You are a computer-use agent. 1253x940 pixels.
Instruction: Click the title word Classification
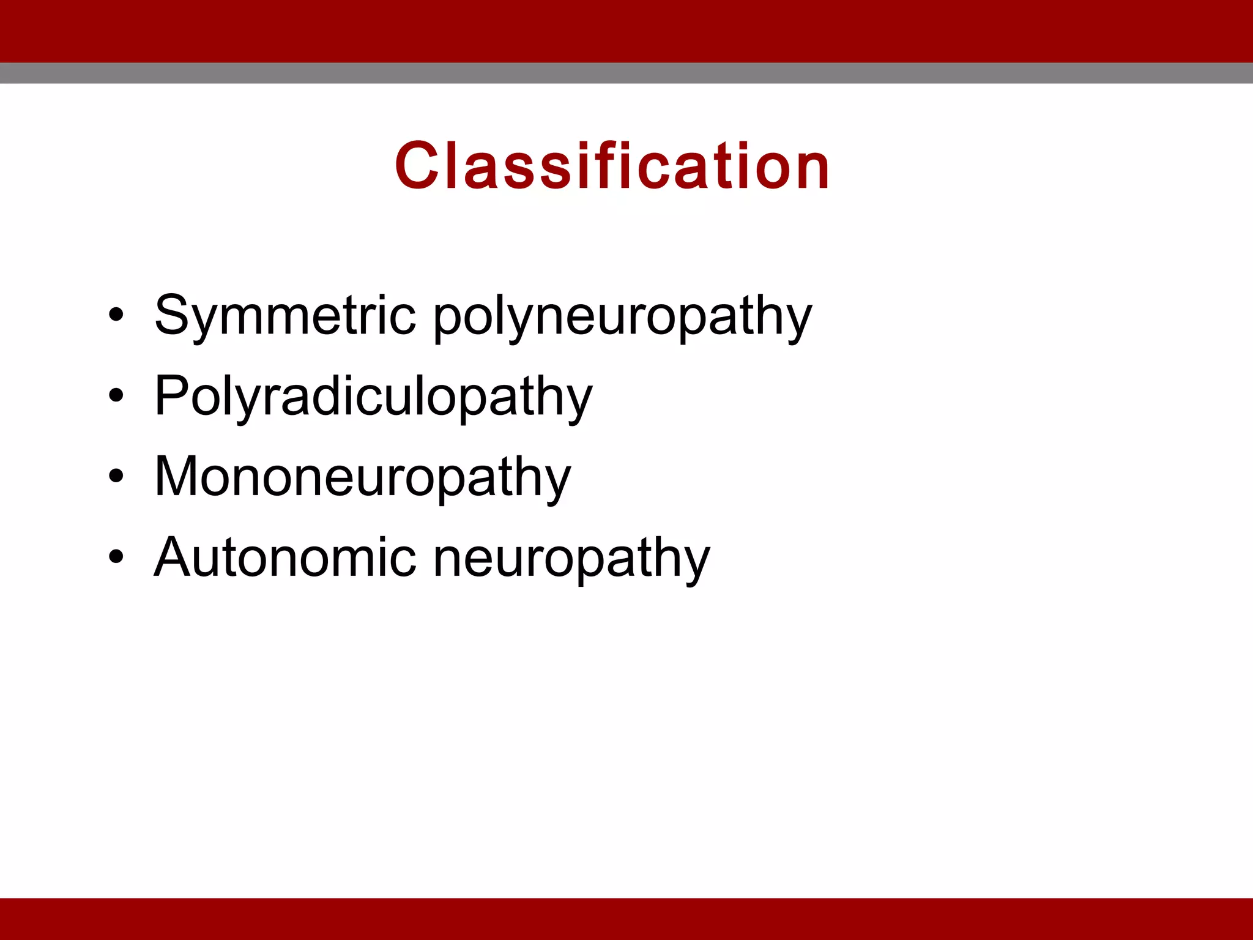tap(612, 166)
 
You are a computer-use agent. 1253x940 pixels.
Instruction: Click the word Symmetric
tap(285, 316)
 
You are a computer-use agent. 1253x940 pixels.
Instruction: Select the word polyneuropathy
tap(622, 318)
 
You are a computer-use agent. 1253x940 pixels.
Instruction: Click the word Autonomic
tap(285, 558)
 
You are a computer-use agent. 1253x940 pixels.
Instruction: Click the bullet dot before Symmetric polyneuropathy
tap(116, 315)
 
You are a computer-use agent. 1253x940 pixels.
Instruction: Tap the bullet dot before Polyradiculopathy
tap(116, 396)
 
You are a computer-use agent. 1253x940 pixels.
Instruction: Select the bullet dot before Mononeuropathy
tap(116, 476)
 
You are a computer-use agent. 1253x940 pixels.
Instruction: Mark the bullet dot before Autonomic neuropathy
tap(116, 557)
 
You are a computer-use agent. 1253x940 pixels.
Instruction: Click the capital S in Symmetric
tap(173, 316)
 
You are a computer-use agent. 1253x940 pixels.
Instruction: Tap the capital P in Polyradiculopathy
tap(171, 396)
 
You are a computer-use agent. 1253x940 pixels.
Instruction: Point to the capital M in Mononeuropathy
tap(177, 477)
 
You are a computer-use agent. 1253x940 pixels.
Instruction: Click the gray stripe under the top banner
tap(626, 73)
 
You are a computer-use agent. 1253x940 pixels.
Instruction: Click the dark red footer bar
tap(626, 919)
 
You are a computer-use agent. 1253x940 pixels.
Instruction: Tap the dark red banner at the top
tap(626, 31)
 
